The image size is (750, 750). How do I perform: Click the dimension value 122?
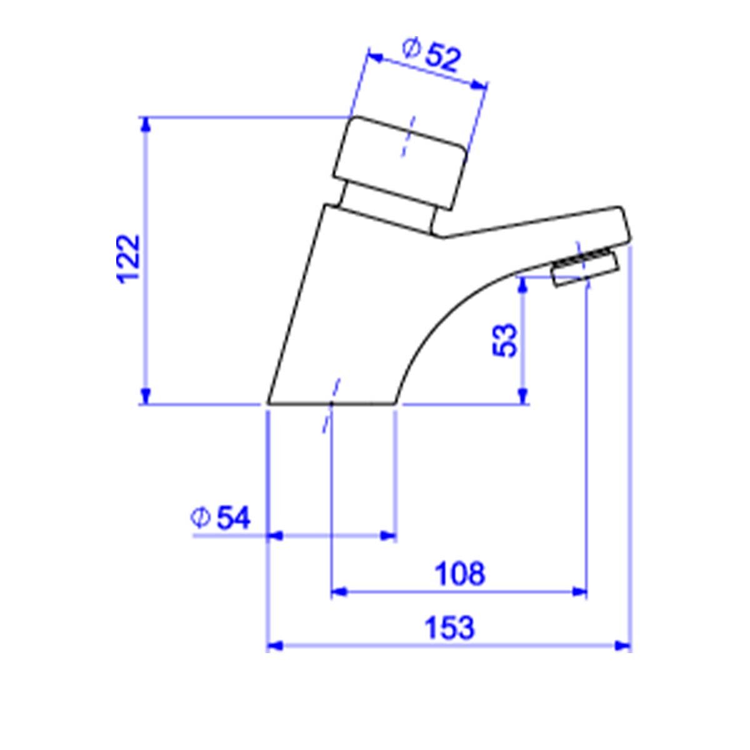(x=128, y=259)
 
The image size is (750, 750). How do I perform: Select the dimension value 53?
(x=505, y=340)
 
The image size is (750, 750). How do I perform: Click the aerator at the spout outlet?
(x=584, y=269)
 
